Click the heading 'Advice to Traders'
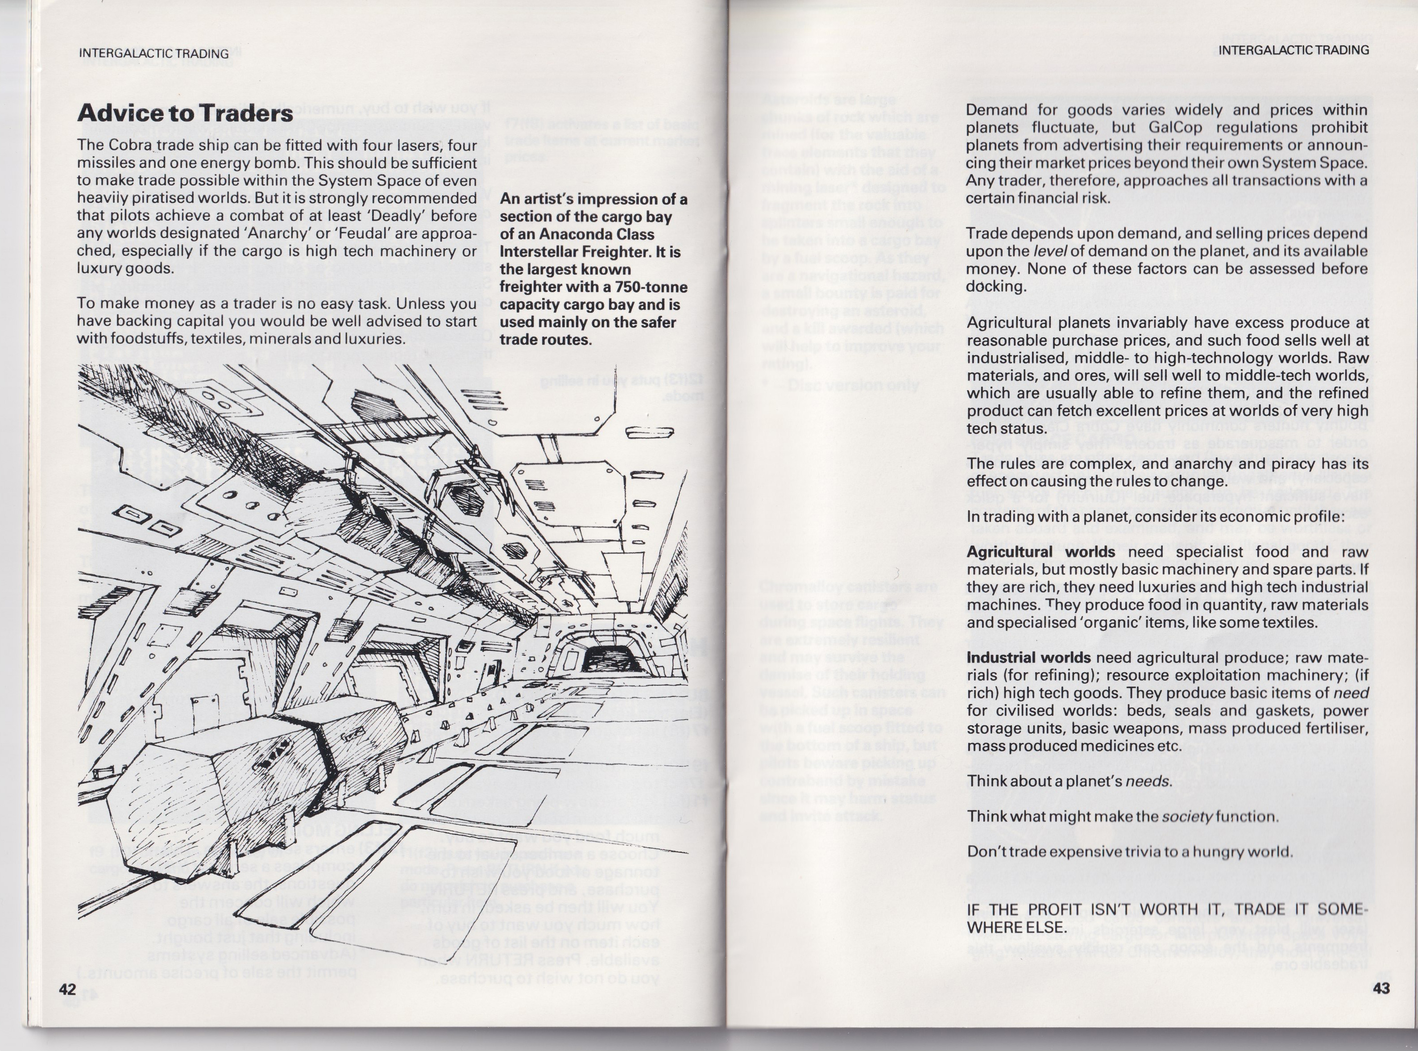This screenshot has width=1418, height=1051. (185, 113)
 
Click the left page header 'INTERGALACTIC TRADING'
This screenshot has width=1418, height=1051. (153, 54)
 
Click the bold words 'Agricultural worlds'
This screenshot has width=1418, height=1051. (1040, 551)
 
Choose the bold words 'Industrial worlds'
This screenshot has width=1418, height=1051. (1028, 657)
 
